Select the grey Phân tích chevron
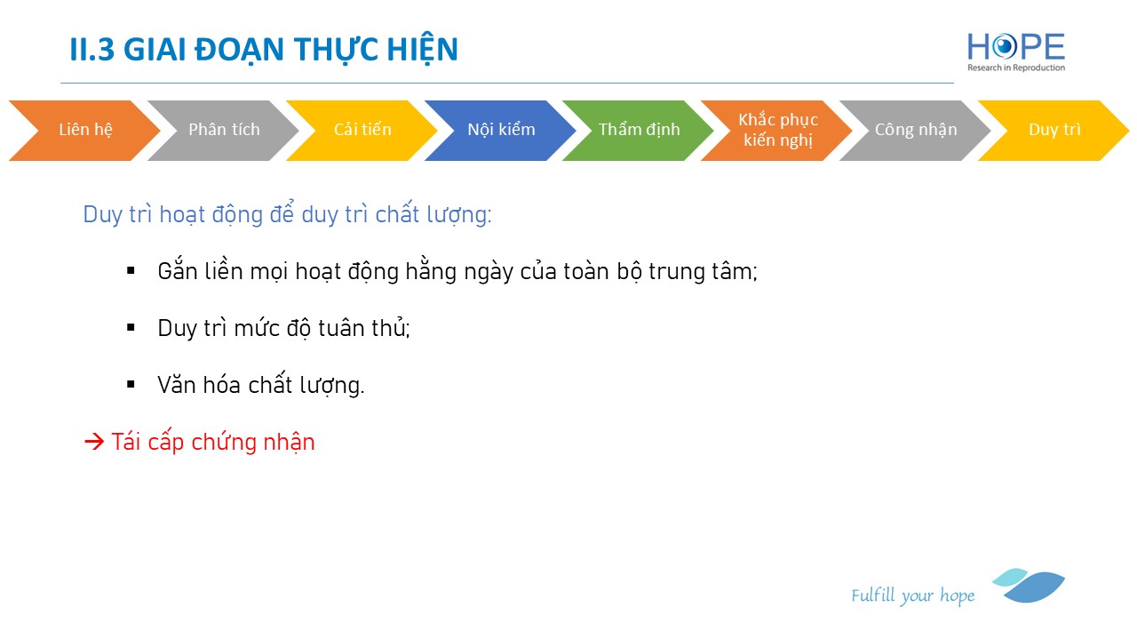[x=224, y=131]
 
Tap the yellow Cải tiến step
[x=362, y=131]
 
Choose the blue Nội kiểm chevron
[x=501, y=131]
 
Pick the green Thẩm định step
[x=639, y=131]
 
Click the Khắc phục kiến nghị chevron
[x=777, y=131]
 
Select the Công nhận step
[x=916, y=131]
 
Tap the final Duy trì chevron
[x=1054, y=131]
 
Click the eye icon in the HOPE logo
[x=1004, y=47]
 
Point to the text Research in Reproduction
[x=1016, y=68]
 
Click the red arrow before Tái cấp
[x=94, y=442]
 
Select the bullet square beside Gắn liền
[x=131, y=271]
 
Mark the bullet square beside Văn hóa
[x=131, y=385]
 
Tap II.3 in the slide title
[x=91, y=50]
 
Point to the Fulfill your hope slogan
[x=912, y=596]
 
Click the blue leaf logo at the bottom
[x=1029, y=586]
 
